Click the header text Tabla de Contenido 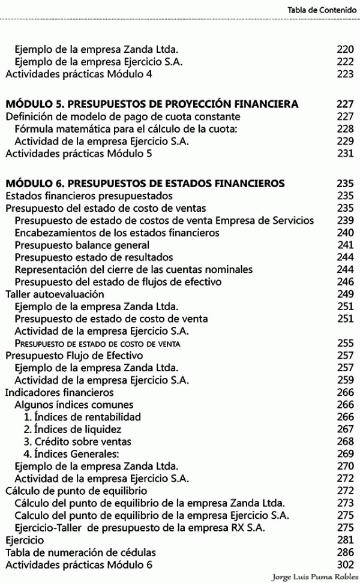[322, 10]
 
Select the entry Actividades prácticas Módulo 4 [79, 74]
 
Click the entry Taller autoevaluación [55, 294]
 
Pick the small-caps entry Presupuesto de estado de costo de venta [98, 344]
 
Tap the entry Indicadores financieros [59, 392]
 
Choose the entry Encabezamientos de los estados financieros [117, 233]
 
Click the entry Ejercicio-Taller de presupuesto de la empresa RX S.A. [141, 528]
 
